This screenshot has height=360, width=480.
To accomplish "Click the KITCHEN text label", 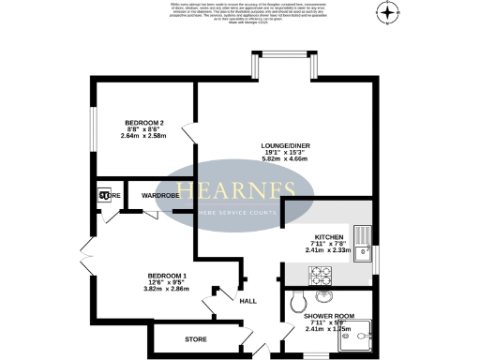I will [x=328, y=237].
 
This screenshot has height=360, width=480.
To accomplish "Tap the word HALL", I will [x=248, y=301].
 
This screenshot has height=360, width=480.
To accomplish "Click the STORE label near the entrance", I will [x=195, y=337].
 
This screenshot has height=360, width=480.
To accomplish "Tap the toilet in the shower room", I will [x=297, y=301].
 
